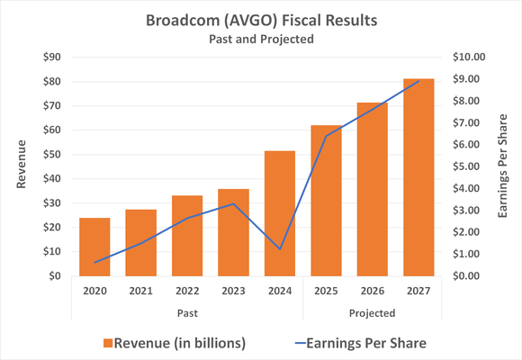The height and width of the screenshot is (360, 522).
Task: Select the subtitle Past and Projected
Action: pos(260,40)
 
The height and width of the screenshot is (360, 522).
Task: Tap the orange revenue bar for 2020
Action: pos(94,247)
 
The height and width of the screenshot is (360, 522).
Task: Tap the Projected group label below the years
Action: pos(371,313)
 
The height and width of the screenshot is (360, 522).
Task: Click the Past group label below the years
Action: pos(186,313)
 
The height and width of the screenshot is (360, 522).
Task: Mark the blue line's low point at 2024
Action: pos(279,249)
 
